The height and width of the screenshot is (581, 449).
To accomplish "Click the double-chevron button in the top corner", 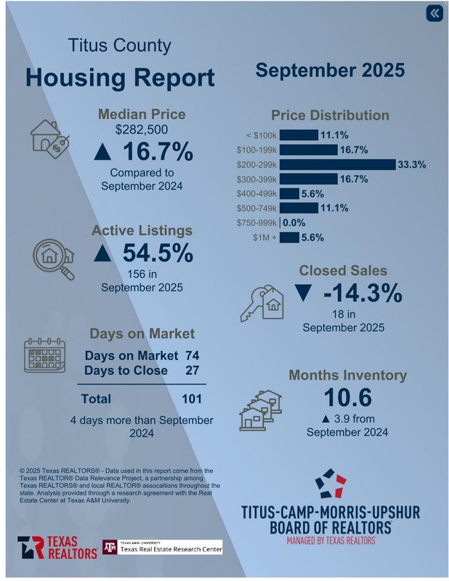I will click(x=434, y=14).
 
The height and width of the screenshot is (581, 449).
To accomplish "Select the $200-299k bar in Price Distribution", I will click(x=336, y=164).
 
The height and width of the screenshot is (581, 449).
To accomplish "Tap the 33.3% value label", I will click(x=411, y=165).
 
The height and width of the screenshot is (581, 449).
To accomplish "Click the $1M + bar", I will click(x=288, y=237).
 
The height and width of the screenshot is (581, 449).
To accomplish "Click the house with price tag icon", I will click(x=49, y=137).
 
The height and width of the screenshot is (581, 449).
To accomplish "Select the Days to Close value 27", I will click(x=192, y=370).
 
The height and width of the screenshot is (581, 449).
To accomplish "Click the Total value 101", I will click(x=192, y=399).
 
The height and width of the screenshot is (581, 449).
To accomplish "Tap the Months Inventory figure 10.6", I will click(x=347, y=398).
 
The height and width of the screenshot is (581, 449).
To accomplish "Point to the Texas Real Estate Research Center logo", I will click(x=161, y=547).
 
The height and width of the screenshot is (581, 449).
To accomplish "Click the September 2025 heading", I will click(x=329, y=71).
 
